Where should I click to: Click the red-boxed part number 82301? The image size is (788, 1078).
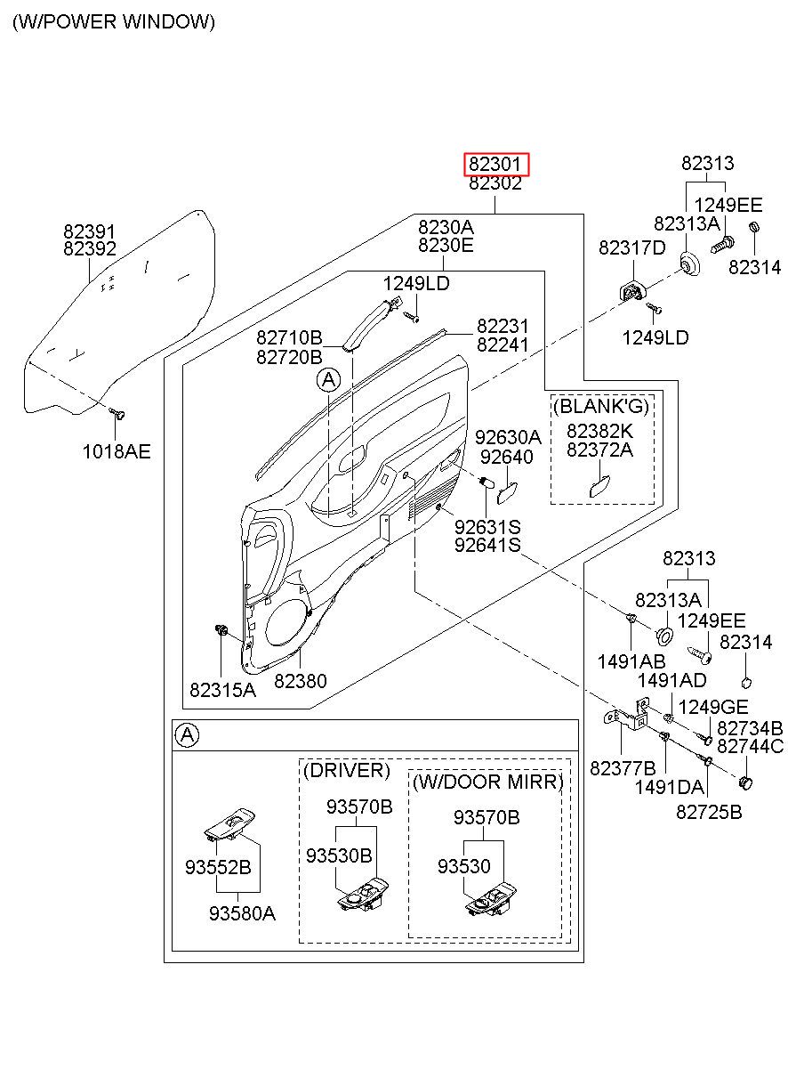pos(496,164)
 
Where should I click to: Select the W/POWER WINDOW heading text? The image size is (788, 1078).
pos(114,22)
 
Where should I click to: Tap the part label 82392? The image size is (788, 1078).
pos(90,249)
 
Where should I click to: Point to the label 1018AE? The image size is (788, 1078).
pos(117,451)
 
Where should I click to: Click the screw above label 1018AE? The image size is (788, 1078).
pos(117,414)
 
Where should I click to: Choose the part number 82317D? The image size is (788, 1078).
pos(631,247)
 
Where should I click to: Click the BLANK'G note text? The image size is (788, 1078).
pos(601,407)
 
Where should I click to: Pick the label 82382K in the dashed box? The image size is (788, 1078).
pos(600,430)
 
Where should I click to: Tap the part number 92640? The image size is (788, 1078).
pos(507,457)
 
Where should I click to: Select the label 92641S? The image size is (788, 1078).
pos(487,545)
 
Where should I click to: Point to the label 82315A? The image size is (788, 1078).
pos(222,689)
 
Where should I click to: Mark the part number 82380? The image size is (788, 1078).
pos(301,681)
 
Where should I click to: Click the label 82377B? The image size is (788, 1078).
pos(623,768)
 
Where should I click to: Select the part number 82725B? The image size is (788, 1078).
pos(709,812)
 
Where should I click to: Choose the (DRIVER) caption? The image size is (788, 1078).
pos(347,770)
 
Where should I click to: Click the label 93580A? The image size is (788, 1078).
pos(243,912)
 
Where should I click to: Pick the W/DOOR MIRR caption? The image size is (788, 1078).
pos(488,782)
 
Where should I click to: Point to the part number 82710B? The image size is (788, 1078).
pos(289,337)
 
